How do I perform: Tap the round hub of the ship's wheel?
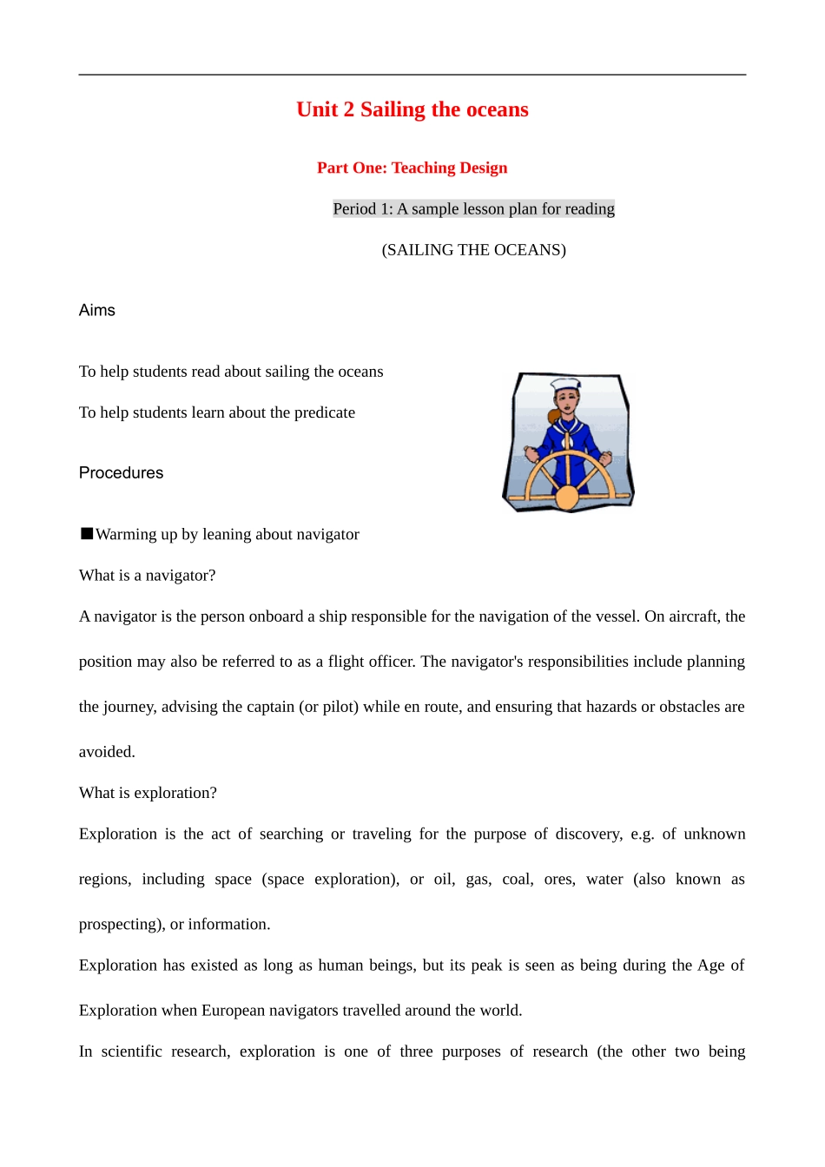pyautogui.click(x=567, y=498)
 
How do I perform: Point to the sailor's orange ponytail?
pyautogui.click(x=552, y=416)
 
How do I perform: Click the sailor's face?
pyautogui.click(x=568, y=400)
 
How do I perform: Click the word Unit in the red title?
pyautogui.click(x=317, y=109)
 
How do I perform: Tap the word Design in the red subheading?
pyautogui.click(x=484, y=168)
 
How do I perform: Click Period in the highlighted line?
pyautogui.click(x=354, y=208)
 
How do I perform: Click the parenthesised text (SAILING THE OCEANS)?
pyautogui.click(x=473, y=250)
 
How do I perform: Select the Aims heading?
pyautogui.click(x=97, y=310)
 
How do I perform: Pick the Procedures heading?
pyautogui.click(x=121, y=472)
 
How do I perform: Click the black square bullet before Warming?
pyautogui.click(x=87, y=533)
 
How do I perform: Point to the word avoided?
pyautogui.click(x=107, y=752)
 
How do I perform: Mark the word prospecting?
pyautogui.click(x=121, y=925)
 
